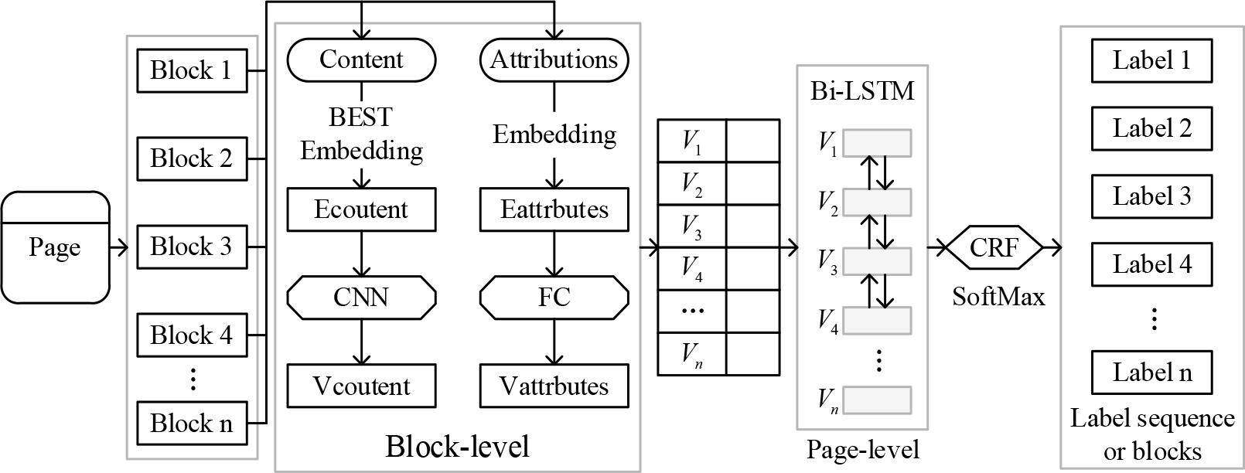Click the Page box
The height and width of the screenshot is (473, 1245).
tap(55, 247)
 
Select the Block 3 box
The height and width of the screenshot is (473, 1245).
tap(191, 247)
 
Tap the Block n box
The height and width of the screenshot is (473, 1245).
tap(191, 424)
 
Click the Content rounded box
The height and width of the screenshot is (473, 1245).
tap(361, 60)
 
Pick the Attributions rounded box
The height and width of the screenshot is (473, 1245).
tap(554, 60)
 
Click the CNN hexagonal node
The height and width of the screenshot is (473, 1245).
tap(361, 298)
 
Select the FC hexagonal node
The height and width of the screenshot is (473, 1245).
tap(554, 298)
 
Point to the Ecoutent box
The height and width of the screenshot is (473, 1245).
tap(361, 209)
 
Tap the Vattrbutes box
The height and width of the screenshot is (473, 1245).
tap(554, 386)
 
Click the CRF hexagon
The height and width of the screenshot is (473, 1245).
tap(994, 247)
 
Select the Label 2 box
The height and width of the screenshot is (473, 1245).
tap(1151, 128)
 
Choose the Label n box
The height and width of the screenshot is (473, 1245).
tap(1151, 373)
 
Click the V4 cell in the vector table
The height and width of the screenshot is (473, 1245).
tap(692, 268)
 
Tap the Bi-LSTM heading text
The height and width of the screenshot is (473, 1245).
tap(862, 91)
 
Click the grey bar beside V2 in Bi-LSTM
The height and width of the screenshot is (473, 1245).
tap(877, 202)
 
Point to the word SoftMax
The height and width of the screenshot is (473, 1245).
tap(998, 296)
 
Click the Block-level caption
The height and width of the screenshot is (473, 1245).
tap(457, 446)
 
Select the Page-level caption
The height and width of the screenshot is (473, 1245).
tap(862, 450)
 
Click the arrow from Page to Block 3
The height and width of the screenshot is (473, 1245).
tap(120, 247)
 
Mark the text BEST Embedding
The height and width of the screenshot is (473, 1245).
tap(361, 133)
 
